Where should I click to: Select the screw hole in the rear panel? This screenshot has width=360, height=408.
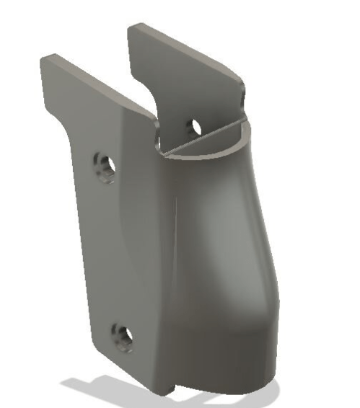[x=193, y=127]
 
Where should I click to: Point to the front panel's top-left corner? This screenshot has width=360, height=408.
[x=45, y=58]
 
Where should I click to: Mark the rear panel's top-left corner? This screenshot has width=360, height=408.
[x=131, y=27]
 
